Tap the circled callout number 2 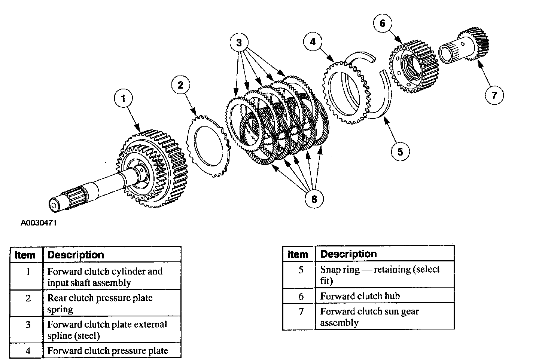[181, 85]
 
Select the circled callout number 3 [239, 42]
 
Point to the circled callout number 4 [313, 42]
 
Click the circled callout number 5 [400, 151]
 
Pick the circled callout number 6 [383, 24]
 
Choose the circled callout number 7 [494, 95]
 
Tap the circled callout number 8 [314, 199]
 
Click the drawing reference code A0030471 [39, 223]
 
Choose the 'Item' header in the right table [298, 254]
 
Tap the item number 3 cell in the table [28, 325]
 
